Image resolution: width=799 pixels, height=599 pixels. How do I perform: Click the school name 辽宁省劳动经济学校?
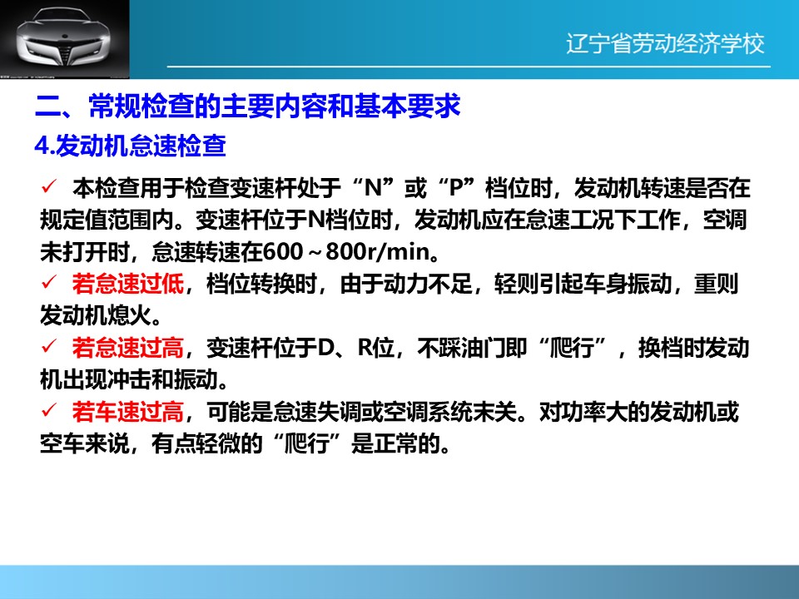click(x=665, y=43)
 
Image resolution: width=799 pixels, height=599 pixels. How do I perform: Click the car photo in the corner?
click(x=65, y=39)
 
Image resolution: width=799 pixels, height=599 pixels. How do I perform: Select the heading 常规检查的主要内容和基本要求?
click(x=275, y=106)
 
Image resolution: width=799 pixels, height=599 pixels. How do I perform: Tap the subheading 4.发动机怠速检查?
click(x=130, y=146)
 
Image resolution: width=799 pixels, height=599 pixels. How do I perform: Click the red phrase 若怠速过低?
click(x=127, y=284)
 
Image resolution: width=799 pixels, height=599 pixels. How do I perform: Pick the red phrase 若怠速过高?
click(x=127, y=348)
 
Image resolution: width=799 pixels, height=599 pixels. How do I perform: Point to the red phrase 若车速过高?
click(x=127, y=412)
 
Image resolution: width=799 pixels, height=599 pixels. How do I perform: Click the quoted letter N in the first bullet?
click(x=374, y=188)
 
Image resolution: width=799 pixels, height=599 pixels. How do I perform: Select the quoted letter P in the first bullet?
click(x=455, y=188)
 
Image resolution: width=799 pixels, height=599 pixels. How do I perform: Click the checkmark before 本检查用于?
click(x=49, y=186)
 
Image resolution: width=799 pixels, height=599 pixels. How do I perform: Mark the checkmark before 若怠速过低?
click(x=49, y=282)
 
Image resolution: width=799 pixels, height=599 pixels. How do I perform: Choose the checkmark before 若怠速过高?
click(x=49, y=346)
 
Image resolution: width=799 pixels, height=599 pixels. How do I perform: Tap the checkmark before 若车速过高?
click(x=49, y=409)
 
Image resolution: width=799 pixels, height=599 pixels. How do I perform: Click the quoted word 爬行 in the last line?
click(x=307, y=443)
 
